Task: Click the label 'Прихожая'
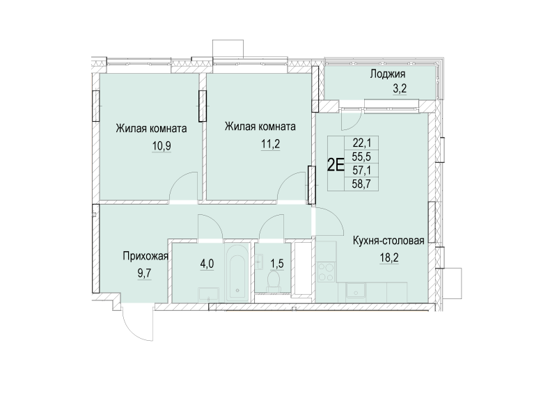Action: [146, 255]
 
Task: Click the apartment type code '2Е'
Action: [336, 165]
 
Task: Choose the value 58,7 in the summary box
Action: [362, 184]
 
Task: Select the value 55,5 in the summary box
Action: [362, 156]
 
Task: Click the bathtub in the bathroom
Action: [235, 271]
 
